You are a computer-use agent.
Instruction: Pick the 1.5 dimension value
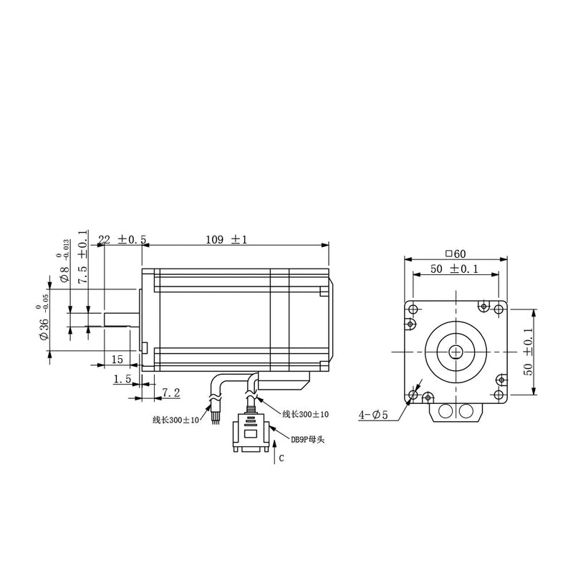tap(122, 380)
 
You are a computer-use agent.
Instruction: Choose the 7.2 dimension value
tap(170, 392)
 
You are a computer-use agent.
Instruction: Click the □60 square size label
tap(455, 253)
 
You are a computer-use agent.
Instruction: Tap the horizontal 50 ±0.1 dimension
tap(454, 269)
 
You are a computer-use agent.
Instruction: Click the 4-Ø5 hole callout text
tap(373, 414)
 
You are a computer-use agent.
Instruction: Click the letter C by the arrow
tap(281, 459)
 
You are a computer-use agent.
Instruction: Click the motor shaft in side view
tap(120, 319)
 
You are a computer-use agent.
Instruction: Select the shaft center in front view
tap(457, 352)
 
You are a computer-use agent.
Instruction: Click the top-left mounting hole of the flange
tap(413, 308)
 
